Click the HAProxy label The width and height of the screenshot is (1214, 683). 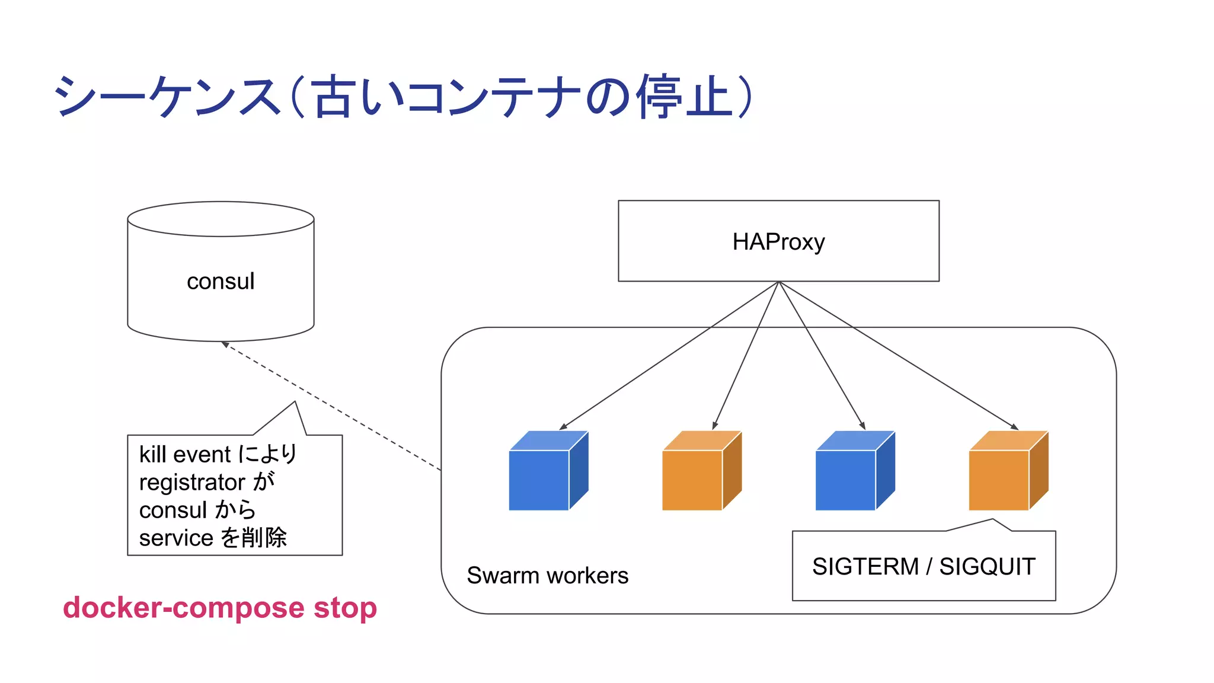tap(778, 242)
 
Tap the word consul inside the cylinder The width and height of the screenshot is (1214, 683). tap(221, 281)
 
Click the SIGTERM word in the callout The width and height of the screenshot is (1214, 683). tap(865, 567)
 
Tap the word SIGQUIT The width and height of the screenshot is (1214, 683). tap(987, 567)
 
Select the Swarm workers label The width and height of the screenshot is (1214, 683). tap(547, 576)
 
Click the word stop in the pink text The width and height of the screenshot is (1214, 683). tap(345, 608)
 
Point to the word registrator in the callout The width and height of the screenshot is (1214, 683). tap(192, 482)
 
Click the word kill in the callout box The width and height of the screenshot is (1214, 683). tap(152, 455)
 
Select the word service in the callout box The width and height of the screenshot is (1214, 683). tap(176, 538)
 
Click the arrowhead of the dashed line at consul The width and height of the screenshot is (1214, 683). tap(225, 344)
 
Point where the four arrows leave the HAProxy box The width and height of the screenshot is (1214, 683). tap(779, 282)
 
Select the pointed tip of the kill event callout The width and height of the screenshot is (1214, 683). tap(295, 403)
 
